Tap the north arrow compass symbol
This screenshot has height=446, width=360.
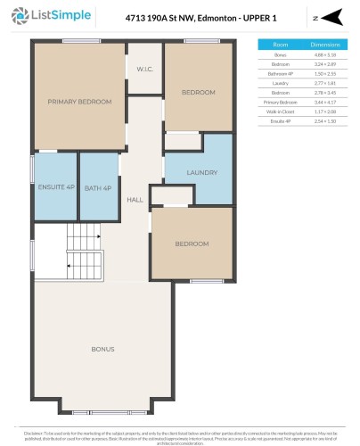[331, 18]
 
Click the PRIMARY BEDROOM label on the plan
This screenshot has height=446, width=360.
[79, 102]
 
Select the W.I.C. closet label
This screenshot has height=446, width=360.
[144, 70]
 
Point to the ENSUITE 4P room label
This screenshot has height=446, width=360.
[55, 187]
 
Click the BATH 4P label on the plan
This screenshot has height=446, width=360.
[99, 187]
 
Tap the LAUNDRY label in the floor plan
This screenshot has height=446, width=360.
[202, 172]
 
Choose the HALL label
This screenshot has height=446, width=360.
[135, 200]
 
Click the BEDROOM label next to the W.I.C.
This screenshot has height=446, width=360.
[199, 92]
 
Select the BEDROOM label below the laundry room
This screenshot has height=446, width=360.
[192, 244]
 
